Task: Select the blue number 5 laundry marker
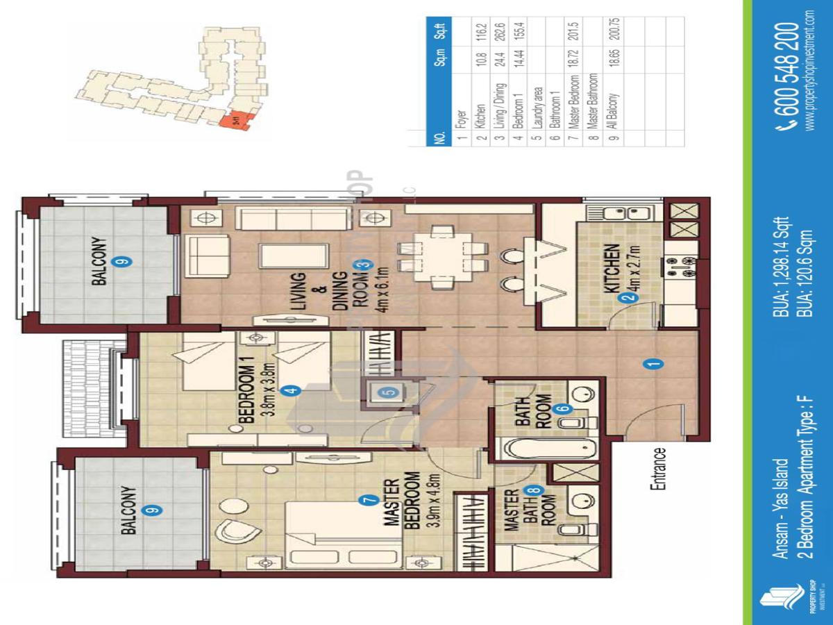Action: [389, 392]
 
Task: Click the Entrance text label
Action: [658, 469]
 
